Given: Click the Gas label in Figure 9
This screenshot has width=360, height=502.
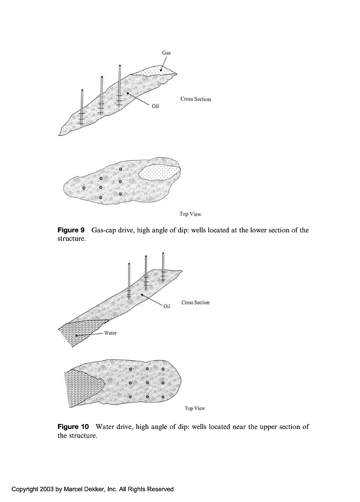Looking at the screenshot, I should [167, 52].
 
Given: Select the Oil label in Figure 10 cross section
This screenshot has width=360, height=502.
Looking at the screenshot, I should [167, 306].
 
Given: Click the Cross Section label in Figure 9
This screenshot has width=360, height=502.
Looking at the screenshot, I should [195, 99].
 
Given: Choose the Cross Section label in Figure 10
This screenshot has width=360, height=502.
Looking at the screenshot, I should [195, 302].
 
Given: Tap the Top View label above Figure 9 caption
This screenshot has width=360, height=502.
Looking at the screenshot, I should [191, 214].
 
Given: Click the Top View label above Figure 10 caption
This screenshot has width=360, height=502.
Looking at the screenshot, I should [195, 408].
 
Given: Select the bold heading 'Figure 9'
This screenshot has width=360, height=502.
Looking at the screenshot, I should [72, 230].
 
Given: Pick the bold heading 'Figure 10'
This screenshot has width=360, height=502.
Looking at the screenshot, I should [73, 427].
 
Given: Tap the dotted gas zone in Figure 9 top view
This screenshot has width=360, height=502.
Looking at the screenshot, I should [159, 173].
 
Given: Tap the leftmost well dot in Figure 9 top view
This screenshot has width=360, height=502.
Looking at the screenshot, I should [84, 188].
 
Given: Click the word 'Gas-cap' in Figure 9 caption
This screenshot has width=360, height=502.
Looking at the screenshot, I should [104, 230].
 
